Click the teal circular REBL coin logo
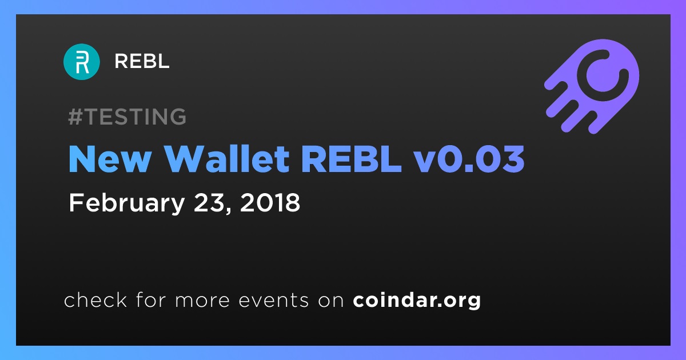coord(81,62)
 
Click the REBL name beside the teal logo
coord(142,61)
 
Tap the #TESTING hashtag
coord(127,117)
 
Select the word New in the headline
coord(110,159)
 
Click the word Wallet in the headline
coord(228,159)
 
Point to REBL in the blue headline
coord(352,159)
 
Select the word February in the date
coord(127,203)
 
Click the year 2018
coord(270,203)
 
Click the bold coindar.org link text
coord(417,301)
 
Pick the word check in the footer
coord(95,299)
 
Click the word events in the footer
coord(274,301)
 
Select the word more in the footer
coord(202,301)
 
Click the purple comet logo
coord(592,86)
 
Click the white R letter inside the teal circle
coord(82,62)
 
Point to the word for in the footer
coord(151,299)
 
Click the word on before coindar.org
coord(331,301)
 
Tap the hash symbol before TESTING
coord(75,117)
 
